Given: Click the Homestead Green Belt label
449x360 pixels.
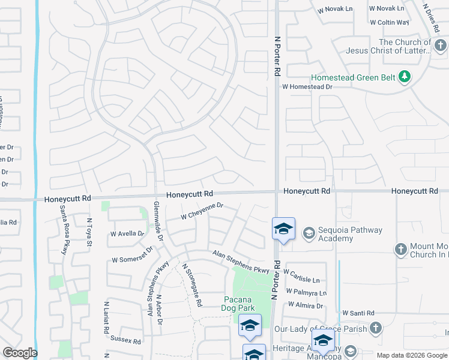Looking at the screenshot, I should pyautogui.click(x=354, y=77).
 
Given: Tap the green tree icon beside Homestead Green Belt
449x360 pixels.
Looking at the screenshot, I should pyautogui.click(x=405, y=77).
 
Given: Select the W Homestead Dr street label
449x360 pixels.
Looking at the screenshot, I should pyautogui.click(x=307, y=87).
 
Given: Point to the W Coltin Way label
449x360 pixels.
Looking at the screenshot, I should pyautogui.click(x=389, y=23).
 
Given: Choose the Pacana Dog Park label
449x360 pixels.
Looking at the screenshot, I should pyautogui.click(x=240, y=304).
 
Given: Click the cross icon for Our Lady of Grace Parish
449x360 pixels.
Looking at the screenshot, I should pyautogui.click(x=375, y=328).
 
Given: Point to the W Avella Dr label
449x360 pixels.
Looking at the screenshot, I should pyautogui.click(x=127, y=233).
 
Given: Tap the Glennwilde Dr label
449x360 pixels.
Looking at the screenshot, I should pyautogui.click(x=158, y=221).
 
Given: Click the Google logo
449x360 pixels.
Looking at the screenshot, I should pyautogui.click(x=20, y=353).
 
